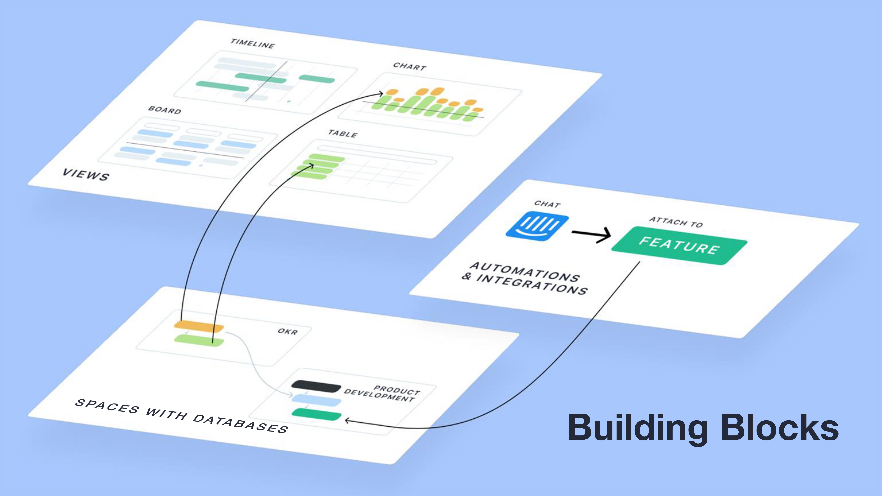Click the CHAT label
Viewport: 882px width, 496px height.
click(547, 204)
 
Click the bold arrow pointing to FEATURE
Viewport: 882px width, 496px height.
click(591, 234)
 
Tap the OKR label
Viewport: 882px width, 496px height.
click(288, 331)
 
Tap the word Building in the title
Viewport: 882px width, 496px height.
click(638, 428)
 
